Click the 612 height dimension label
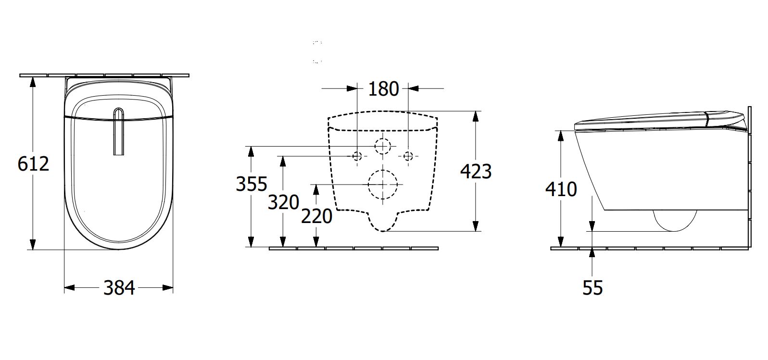pyautogui.click(x=33, y=163)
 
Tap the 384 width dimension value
pyautogui.click(x=119, y=288)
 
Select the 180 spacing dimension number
pyautogui.click(x=383, y=89)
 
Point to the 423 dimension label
pyautogui.click(x=476, y=171)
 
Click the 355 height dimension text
pyautogui.click(x=252, y=184)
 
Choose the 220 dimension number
pyautogui.click(x=316, y=216)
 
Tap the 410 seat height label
pyautogui.click(x=561, y=189)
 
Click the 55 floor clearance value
pyautogui.click(x=592, y=288)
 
